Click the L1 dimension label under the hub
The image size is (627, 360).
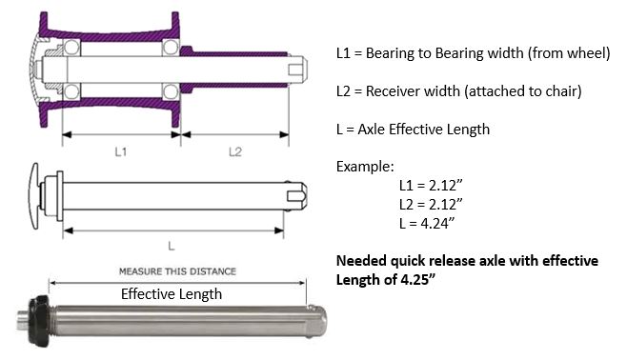(120, 151)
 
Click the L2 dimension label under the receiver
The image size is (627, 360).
(235, 151)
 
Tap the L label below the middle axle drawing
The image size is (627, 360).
(172, 246)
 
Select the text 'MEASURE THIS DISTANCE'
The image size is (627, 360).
(177, 271)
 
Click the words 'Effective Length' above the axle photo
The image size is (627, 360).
(172, 294)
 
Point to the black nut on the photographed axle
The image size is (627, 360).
(39, 321)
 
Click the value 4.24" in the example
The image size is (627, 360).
(438, 223)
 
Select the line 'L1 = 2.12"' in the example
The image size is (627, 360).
(431, 186)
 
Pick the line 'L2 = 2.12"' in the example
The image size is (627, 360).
(431, 204)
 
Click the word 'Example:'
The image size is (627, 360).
(365, 167)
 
